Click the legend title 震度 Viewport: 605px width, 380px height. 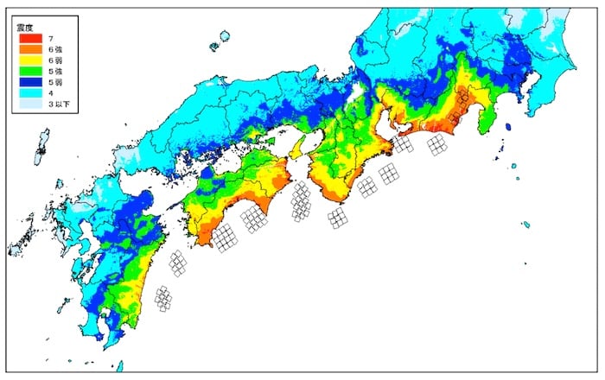(26, 27)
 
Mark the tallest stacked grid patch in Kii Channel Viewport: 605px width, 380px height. (301, 203)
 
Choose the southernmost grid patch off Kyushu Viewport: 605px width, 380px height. (163, 299)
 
